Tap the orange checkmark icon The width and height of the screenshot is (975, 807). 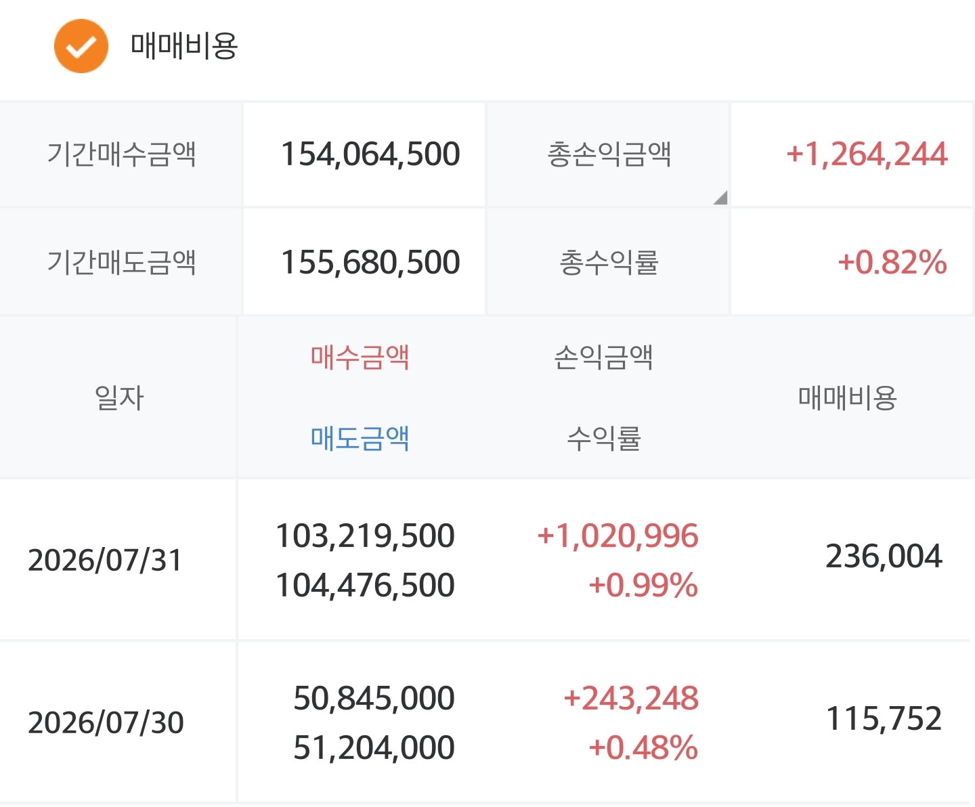(81, 46)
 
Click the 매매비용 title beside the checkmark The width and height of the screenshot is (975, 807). (184, 46)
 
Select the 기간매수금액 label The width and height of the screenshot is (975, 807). (121, 154)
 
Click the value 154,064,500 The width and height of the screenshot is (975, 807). (370, 154)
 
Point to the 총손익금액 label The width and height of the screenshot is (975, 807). (609, 154)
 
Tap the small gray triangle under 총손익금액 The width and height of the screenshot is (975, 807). (722, 198)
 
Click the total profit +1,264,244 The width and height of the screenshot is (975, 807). (867, 154)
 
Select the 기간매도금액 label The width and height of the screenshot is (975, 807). (121, 262)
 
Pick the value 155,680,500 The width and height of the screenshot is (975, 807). (370, 262)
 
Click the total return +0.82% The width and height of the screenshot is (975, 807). (892, 262)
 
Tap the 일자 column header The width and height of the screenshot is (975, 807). (119, 398)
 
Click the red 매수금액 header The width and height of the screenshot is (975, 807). (360, 357)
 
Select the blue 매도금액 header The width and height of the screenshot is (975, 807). (360, 439)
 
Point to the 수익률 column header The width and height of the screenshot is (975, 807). (604, 439)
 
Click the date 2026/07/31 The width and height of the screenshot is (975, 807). (104, 560)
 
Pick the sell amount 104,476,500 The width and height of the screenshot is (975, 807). (365, 585)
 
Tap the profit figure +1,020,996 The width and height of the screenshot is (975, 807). (617, 536)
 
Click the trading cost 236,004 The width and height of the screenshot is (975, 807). (884, 557)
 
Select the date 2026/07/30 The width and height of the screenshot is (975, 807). (106, 722)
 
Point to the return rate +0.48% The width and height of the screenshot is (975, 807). (643, 747)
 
